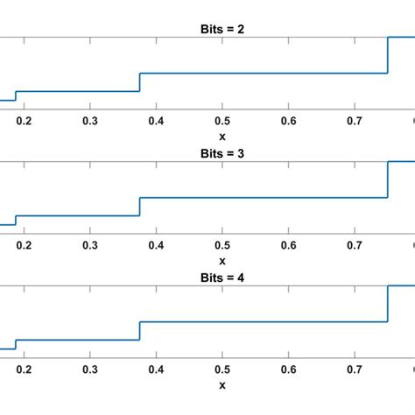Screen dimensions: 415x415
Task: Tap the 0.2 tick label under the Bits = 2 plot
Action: coord(23,122)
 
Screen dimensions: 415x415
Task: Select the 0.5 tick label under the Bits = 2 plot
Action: coord(222,122)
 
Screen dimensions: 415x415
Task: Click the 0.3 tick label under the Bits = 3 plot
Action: coord(89,246)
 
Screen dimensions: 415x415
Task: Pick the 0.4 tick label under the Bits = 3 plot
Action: coord(156,246)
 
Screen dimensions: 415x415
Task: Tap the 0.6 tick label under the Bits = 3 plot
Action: coord(289,246)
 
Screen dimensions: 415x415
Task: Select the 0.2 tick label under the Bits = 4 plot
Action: coord(23,370)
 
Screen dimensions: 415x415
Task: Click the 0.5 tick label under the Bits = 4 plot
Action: coord(222,370)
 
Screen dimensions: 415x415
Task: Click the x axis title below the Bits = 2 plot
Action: coord(222,136)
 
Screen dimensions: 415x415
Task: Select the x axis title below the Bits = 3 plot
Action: coord(222,260)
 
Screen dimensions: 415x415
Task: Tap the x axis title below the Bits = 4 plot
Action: coord(222,384)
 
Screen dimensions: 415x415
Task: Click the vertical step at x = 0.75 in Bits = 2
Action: coord(388,55)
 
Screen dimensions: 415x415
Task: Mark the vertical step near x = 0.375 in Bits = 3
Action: coord(140,207)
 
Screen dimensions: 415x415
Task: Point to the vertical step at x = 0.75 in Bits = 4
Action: coord(388,304)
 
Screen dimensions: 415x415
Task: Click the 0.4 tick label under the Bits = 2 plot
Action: coord(156,122)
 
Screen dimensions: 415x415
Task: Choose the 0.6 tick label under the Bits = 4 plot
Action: coord(289,370)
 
